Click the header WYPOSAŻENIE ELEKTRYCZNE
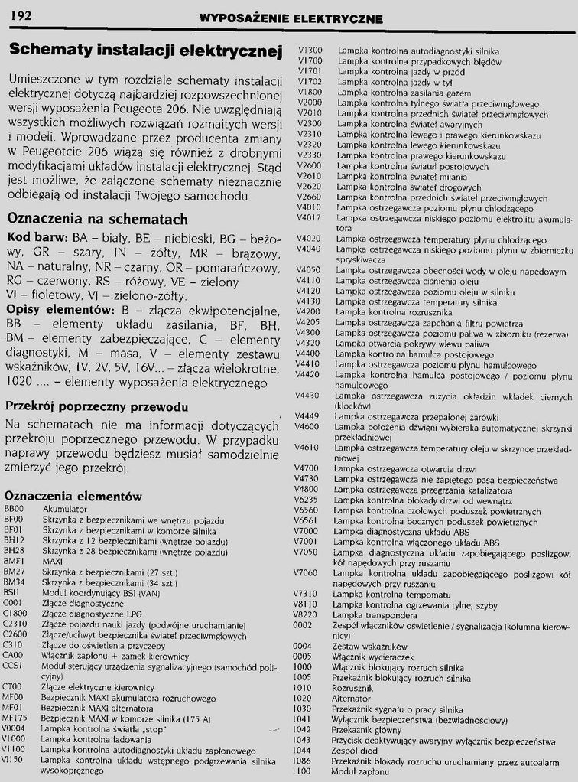click(x=291, y=18)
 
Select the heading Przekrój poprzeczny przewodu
click(x=96, y=406)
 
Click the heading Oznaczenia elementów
click(x=73, y=495)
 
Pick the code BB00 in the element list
click(x=14, y=509)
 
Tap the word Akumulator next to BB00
click(x=65, y=509)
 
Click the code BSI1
click(x=13, y=591)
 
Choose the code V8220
click(x=307, y=614)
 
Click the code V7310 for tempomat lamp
click(x=308, y=593)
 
